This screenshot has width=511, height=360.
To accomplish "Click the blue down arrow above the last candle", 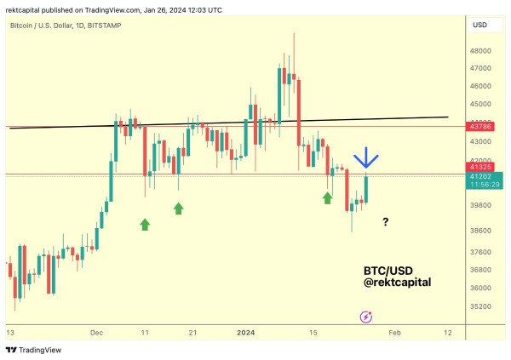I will click(x=367, y=158).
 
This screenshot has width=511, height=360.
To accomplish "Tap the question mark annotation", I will click(x=386, y=222).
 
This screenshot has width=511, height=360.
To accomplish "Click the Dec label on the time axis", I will click(x=96, y=333).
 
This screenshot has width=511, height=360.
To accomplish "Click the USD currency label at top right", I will click(x=479, y=26).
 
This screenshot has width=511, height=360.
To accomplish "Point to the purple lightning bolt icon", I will click(x=366, y=317).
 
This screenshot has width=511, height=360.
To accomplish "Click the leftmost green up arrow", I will click(x=145, y=224).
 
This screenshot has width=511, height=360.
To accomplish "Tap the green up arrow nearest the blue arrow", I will click(x=328, y=197).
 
